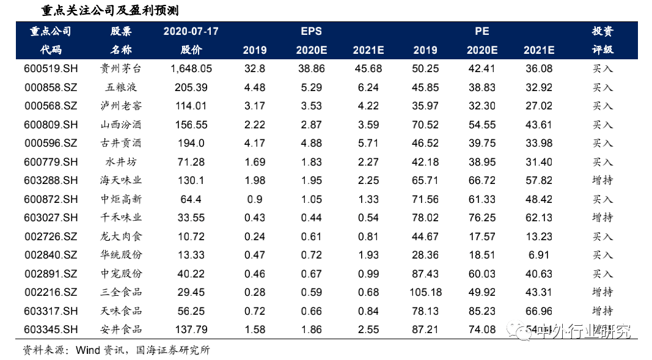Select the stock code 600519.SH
(51, 69)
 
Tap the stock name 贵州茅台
(121, 69)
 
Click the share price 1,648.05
(191, 69)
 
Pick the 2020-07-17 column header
(191, 31)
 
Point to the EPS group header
(311, 31)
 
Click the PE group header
(482, 31)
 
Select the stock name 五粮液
(121, 87)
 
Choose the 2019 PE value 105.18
(425, 292)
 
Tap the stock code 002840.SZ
(51, 255)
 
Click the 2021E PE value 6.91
(539, 255)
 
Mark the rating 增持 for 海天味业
(603, 180)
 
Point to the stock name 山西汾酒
(121, 125)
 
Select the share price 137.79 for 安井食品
(191, 329)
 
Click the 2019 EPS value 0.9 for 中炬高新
(254, 199)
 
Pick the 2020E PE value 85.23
(482, 311)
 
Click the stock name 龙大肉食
(121, 237)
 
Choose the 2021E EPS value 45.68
(368, 69)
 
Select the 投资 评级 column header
(603, 40)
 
